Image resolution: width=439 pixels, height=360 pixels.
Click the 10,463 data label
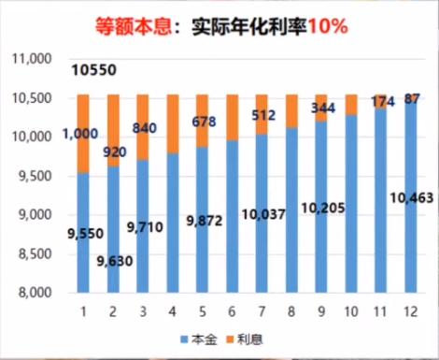405,197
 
